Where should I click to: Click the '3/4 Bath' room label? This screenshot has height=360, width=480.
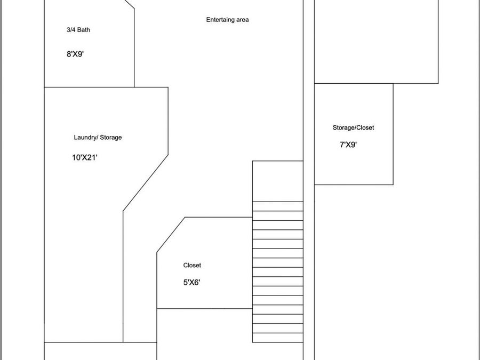(78, 30)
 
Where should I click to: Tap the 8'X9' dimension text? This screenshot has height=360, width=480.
(75, 54)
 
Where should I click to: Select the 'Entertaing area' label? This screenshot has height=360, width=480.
(227, 20)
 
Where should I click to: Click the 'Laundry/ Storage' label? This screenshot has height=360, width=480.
(98, 138)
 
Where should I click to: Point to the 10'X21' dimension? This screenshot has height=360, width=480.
(85, 157)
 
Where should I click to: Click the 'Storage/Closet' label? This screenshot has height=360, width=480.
(353, 127)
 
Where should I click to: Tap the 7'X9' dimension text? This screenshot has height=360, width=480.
(348, 145)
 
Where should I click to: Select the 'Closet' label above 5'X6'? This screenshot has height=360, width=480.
(192, 266)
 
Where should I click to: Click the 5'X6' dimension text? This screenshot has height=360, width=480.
(191, 282)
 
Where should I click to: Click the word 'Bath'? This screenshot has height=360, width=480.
(84, 30)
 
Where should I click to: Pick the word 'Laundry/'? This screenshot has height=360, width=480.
(85, 138)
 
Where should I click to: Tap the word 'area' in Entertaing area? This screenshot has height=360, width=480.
(242, 20)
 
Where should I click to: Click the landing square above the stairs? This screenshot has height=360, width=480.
(278, 181)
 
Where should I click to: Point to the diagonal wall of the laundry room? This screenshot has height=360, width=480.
(146, 183)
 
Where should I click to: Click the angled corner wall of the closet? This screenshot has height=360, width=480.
(171, 235)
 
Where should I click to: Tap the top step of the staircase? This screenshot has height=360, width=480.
(278, 206)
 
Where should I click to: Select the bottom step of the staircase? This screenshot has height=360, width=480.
(278, 338)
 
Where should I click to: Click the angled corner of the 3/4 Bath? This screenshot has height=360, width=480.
(130, 4)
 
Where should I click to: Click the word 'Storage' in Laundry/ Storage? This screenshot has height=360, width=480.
(111, 138)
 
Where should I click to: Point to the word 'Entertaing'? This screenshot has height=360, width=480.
(220, 20)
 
